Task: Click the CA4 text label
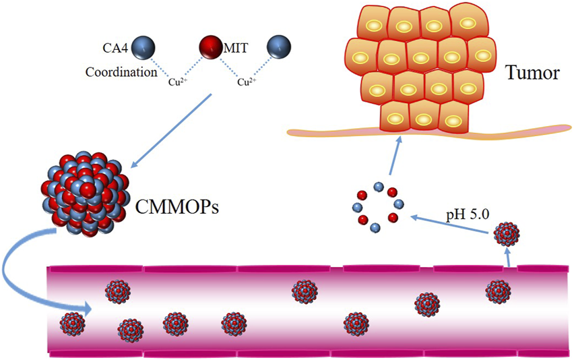[x=115, y=49]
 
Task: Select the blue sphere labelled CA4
[x=143, y=49]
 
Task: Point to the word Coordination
[x=121, y=71]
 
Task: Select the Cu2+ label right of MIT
[x=247, y=84]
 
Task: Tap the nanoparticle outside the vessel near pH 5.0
[x=507, y=235]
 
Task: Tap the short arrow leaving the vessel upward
[x=507, y=258]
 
